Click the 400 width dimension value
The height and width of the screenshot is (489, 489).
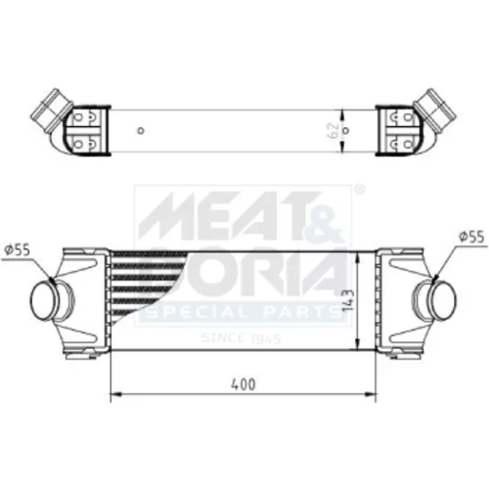click(244, 384)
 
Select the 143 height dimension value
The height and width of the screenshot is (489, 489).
click(348, 300)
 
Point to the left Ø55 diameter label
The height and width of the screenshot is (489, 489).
click(17, 250)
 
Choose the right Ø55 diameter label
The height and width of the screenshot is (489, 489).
click(471, 237)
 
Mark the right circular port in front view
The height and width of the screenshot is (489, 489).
click(443, 298)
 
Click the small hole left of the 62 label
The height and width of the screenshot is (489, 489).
click(141, 131)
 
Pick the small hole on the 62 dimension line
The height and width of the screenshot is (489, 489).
click(346, 131)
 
